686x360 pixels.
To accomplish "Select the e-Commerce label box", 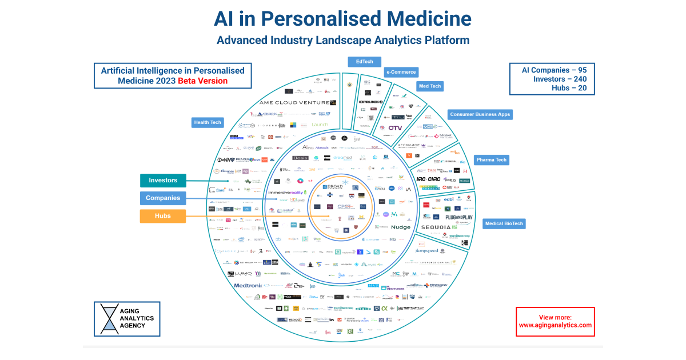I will click(401, 72).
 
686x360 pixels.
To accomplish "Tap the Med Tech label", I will click(429, 86).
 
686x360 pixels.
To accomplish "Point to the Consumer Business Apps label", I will click(480, 114).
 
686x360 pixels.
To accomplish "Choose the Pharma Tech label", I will click(491, 160).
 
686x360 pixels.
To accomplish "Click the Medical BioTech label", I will click(504, 223).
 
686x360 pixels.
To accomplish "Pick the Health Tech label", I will click(208, 122).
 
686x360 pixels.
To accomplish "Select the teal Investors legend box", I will click(163, 181).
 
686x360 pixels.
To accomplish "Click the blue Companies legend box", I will click(163, 198).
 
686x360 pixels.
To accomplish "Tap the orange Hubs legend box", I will click(163, 216).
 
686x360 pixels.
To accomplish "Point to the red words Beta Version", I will click(202, 81).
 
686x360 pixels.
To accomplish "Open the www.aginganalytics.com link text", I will click(555, 325).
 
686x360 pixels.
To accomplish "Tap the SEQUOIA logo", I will click(440, 227).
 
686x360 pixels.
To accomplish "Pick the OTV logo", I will click(395, 128).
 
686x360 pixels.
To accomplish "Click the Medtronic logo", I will click(248, 285).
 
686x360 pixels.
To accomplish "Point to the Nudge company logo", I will click(401, 227).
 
